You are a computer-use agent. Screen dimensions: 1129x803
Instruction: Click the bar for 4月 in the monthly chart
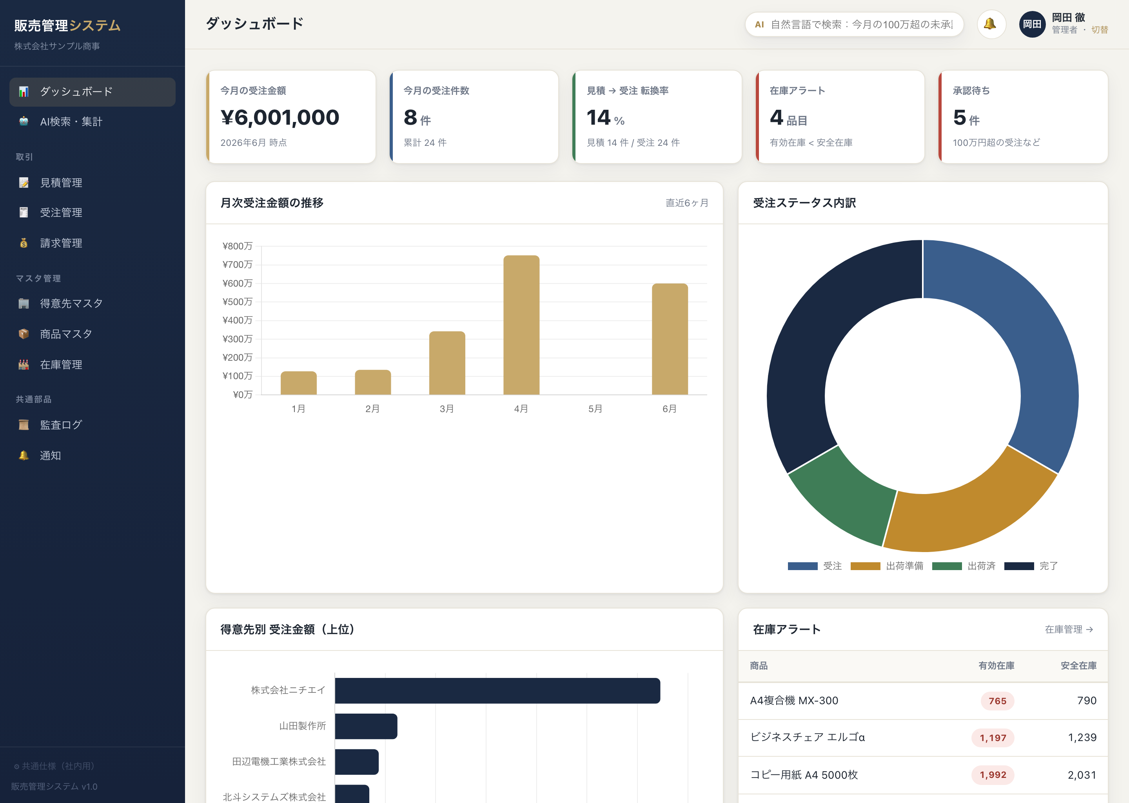tap(521, 325)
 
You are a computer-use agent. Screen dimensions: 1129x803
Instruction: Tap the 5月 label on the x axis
tap(595, 409)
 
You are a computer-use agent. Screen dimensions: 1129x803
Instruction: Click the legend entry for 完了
tap(1031, 566)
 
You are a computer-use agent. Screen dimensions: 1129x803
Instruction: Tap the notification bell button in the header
tap(991, 24)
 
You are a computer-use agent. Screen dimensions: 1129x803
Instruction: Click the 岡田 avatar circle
tap(1032, 24)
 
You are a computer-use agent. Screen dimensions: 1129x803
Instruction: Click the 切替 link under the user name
tap(1100, 30)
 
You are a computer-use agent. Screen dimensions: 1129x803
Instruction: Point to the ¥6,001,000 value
tap(280, 118)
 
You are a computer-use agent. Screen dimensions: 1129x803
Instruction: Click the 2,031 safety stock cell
tap(1082, 775)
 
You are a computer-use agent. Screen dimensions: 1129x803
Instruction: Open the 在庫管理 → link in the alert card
tap(1069, 629)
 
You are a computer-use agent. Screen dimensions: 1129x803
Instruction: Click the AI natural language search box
tap(854, 24)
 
